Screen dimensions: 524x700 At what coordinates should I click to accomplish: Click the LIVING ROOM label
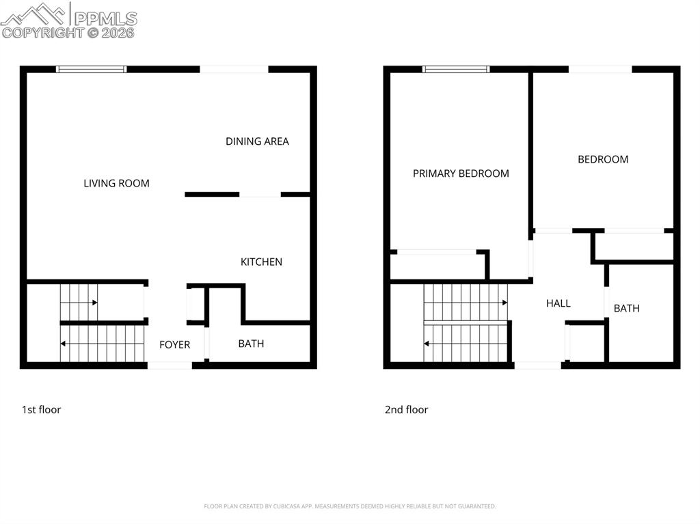pyautogui.click(x=116, y=183)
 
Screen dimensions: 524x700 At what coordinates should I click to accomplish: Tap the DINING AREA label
pyautogui.click(x=257, y=141)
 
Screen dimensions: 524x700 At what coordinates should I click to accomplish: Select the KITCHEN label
pyautogui.click(x=261, y=262)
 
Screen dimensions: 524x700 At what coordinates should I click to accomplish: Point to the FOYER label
pyautogui.click(x=174, y=345)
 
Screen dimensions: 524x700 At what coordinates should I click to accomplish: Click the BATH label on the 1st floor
pyautogui.click(x=251, y=344)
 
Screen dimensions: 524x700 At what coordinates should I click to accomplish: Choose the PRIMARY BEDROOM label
pyautogui.click(x=461, y=174)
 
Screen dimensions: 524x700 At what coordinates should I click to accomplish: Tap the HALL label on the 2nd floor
pyautogui.click(x=558, y=303)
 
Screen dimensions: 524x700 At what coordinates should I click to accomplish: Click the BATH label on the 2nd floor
pyautogui.click(x=626, y=308)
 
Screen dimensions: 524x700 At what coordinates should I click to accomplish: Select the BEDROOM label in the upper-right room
pyautogui.click(x=603, y=159)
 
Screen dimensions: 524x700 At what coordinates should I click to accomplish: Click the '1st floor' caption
pyautogui.click(x=41, y=410)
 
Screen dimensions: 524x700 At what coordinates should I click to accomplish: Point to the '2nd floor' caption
pyautogui.click(x=406, y=410)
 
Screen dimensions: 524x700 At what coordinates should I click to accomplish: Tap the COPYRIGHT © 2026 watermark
pyautogui.click(x=68, y=32)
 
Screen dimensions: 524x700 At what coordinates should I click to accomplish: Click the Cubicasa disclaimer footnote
pyautogui.click(x=349, y=506)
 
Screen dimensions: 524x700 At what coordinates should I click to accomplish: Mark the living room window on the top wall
pyautogui.click(x=91, y=69)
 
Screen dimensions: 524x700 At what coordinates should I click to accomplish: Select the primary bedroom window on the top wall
pyautogui.click(x=456, y=69)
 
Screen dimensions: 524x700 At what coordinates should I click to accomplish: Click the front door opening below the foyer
pyautogui.click(x=170, y=366)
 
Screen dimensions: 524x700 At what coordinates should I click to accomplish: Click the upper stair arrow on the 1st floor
pyautogui.click(x=94, y=302)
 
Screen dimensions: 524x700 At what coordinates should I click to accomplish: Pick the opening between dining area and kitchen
pyautogui.click(x=260, y=195)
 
